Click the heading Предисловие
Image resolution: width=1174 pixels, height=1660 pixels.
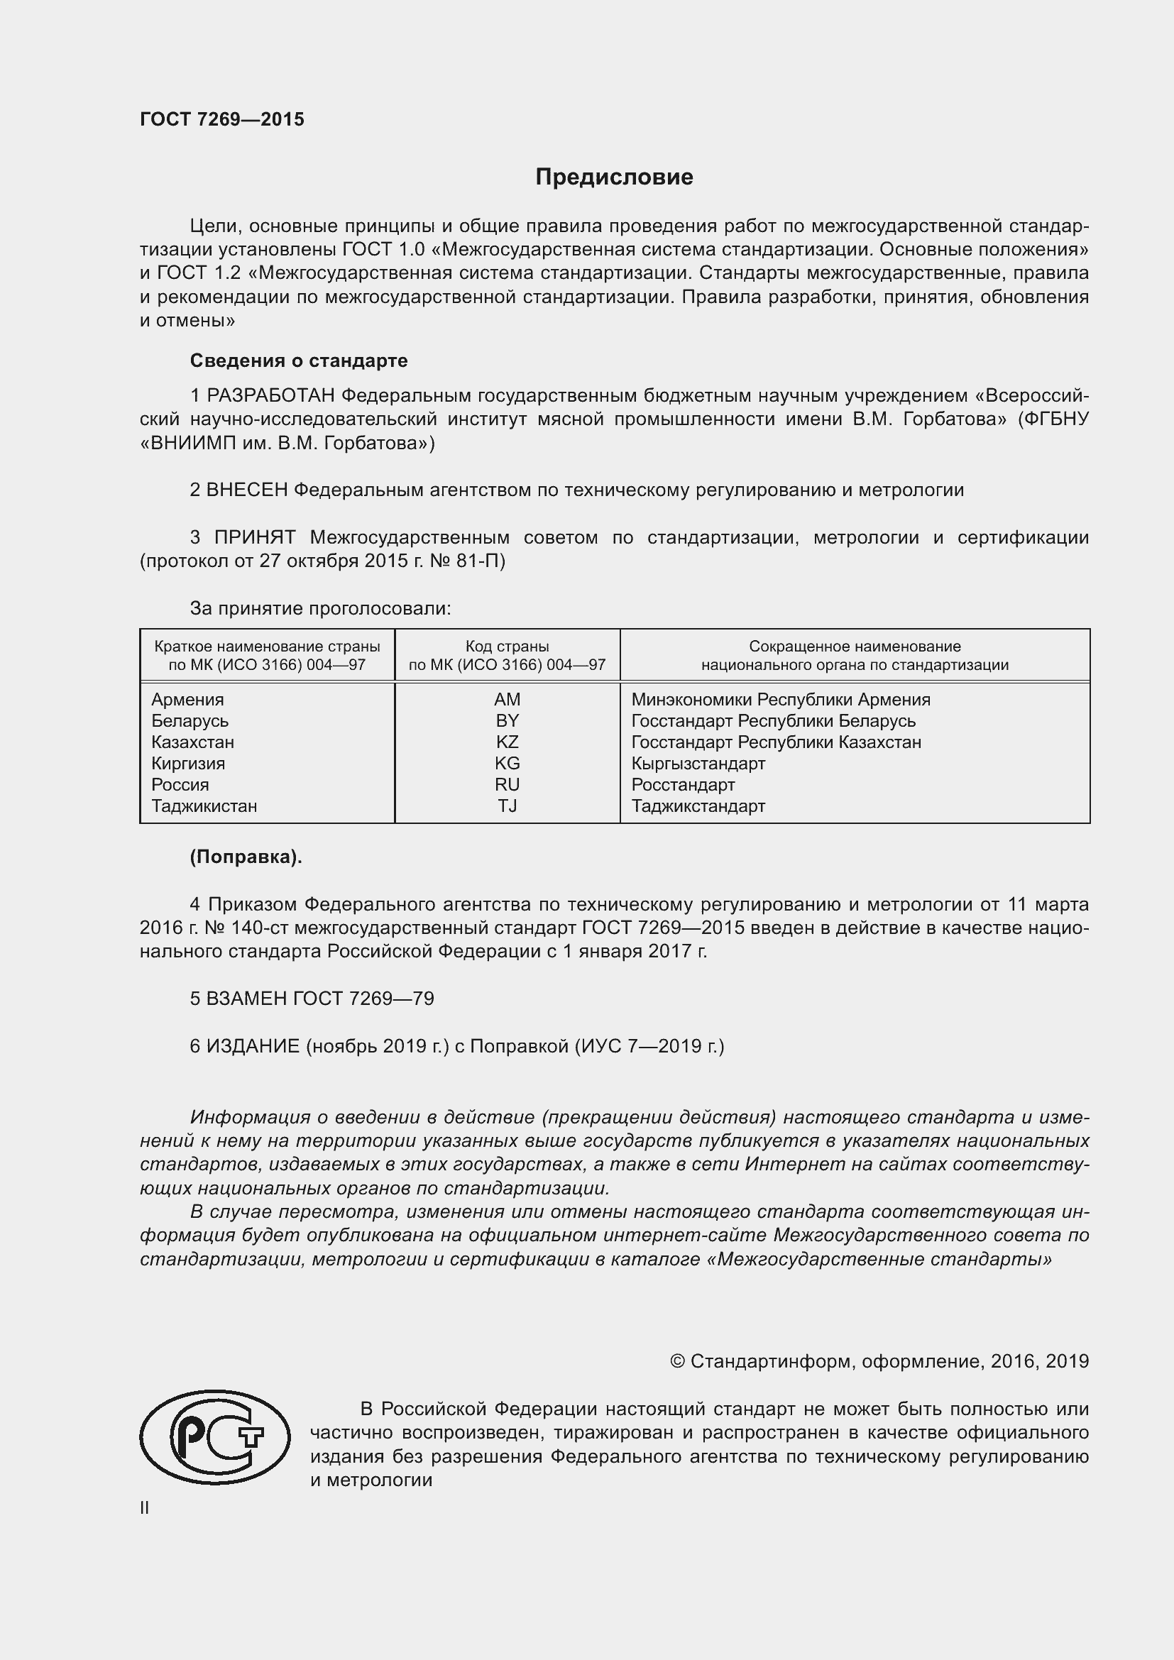(x=614, y=177)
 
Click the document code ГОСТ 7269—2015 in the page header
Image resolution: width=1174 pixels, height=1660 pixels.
(x=222, y=119)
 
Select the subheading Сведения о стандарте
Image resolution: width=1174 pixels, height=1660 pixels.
(x=299, y=360)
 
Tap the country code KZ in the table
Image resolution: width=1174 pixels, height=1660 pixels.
(x=507, y=742)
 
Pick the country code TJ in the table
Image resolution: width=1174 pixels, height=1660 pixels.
(x=507, y=806)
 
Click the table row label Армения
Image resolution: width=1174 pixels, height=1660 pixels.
(x=187, y=699)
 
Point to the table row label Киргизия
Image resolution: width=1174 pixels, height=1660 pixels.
(x=188, y=763)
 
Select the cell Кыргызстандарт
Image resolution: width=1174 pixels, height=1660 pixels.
(x=698, y=763)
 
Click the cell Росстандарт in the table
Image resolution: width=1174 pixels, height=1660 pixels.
(x=682, y=784)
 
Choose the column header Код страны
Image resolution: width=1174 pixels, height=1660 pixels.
(x=507, y=646)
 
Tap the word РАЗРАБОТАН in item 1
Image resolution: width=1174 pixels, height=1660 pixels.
(x=271, y=395)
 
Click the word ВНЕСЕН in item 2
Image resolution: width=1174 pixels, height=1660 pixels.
(x=246, y=490)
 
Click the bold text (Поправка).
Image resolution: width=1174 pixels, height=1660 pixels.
(x=246, y=857)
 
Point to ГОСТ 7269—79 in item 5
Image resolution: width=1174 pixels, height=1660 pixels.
(x=363, y=999)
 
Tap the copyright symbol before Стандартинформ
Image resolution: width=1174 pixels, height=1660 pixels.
(x=677, y=1361)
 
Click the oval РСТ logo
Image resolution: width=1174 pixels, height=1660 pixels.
(x=214, y=1437)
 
